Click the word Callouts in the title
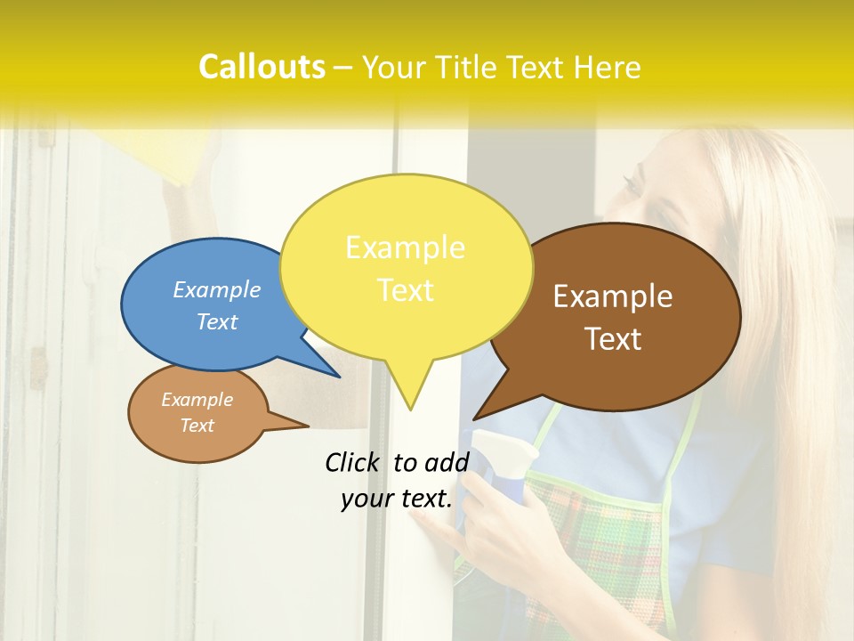click(x=262, y=67)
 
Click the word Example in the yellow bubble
click(x=405, y=247)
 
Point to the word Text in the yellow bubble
click(x=405, y=290)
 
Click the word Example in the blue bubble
click(x=217, y=290)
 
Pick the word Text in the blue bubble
click(x=217, y=321)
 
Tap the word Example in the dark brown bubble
click(x=613, y=296)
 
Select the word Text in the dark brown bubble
click(x=614, y=339)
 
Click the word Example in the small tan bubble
click(x=197, y=400)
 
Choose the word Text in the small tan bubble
click(x=197, y=426)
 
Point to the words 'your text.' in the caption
click(x=397, y=499)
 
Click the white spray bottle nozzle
click(x=502, y=446)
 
